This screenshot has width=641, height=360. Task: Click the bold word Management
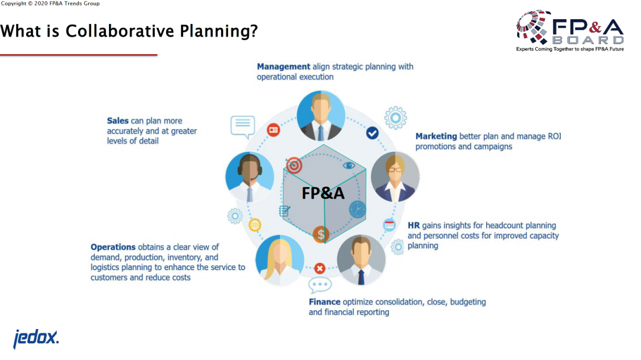pyautogui.click(x=283, y=67)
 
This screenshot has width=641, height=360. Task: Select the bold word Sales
pyautogui.click(x=118, y=121)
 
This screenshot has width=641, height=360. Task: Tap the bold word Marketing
pyautogui.click(x=436, y=136)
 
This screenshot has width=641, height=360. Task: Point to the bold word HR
pyautogui.click(x=413, y=225)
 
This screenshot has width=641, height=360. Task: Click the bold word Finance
pyautogui.click(x=325, y=302)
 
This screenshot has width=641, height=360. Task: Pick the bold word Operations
pyautogui.click(x=113, y=247)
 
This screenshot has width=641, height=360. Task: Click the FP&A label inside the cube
pyautogui.click(x=323, y=193)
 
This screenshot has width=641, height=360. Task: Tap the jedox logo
pyautogui.click(x=36, y=339)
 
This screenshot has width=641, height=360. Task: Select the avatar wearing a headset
pyautogui.click(x=249, y=177)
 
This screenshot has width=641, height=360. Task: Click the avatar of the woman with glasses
pyautogui.click(x=395, y=177)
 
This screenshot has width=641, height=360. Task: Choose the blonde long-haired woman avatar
pyautogui.click(x=280, y=260)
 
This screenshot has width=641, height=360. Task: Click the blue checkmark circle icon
pyautogui.click(x=372, y=133)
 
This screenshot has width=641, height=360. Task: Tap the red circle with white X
pyautogui.click(x=319, y=269)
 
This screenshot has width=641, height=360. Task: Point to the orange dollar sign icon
pyautogui.click(x=321, y=234)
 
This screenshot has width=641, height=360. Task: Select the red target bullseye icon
pyautogui.click(x=294, y=165)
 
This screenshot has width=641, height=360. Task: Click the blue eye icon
pyautogui.click(x=349, y=166)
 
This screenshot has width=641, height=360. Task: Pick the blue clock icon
pyautogui.click(x=357, y=209)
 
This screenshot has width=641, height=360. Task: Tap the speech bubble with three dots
pyautogui.click(x=319, y=285)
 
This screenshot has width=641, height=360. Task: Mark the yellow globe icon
pyautogui.click(x=255, y=225)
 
